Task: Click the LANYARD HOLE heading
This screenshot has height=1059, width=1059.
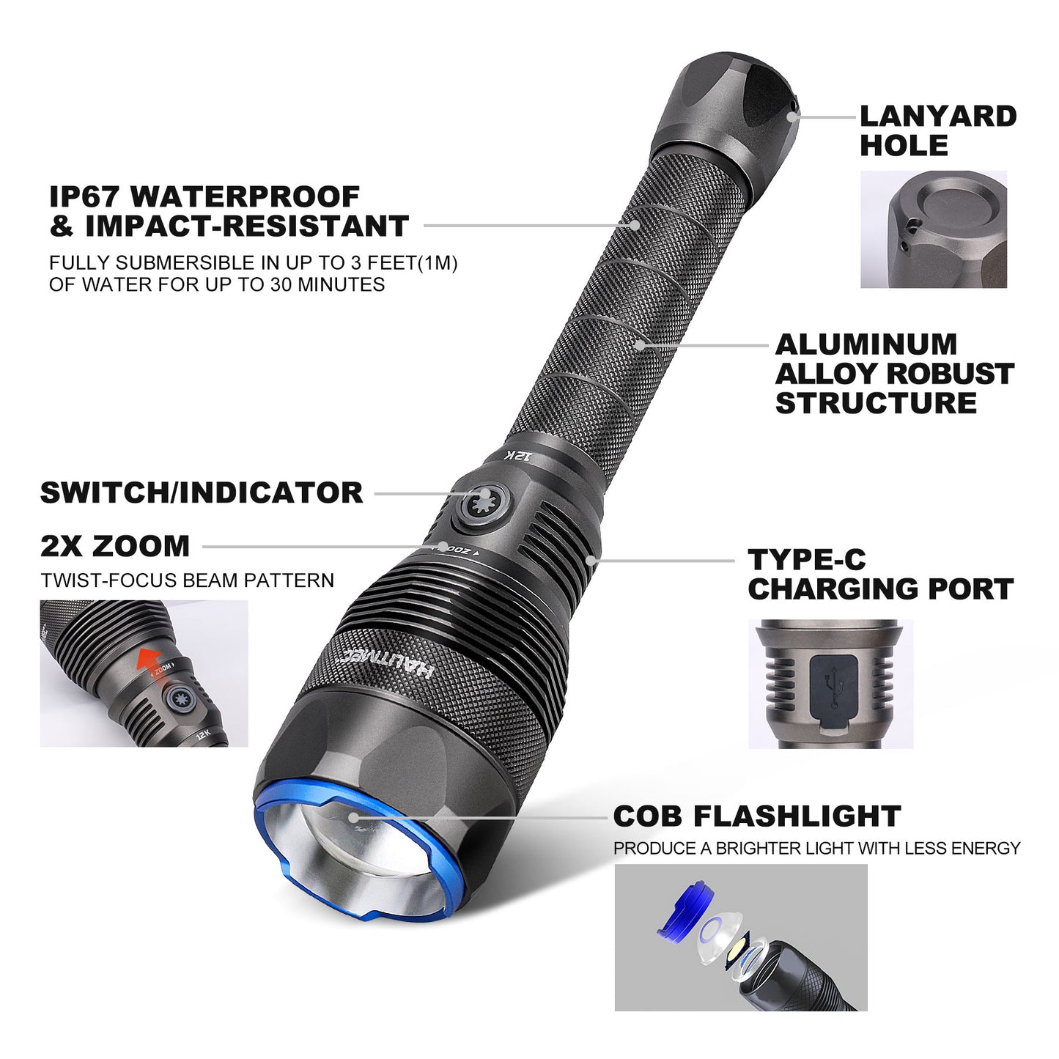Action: click(937, 130)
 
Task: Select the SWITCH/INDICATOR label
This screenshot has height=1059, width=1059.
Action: click(202, 492)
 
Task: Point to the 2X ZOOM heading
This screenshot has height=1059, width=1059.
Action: click(115, 546)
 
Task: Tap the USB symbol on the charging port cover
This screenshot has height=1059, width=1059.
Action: click(831, 683)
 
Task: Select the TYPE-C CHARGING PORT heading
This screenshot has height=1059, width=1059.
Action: click(879, 575)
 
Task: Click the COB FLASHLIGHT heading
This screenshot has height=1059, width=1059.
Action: click(756, 816)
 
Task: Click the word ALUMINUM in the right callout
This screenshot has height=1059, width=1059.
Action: click(866, 344)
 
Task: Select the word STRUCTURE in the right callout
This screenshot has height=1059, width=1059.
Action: click(876, 403)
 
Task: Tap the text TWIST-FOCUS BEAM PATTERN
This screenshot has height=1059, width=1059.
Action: click(188, 580)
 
